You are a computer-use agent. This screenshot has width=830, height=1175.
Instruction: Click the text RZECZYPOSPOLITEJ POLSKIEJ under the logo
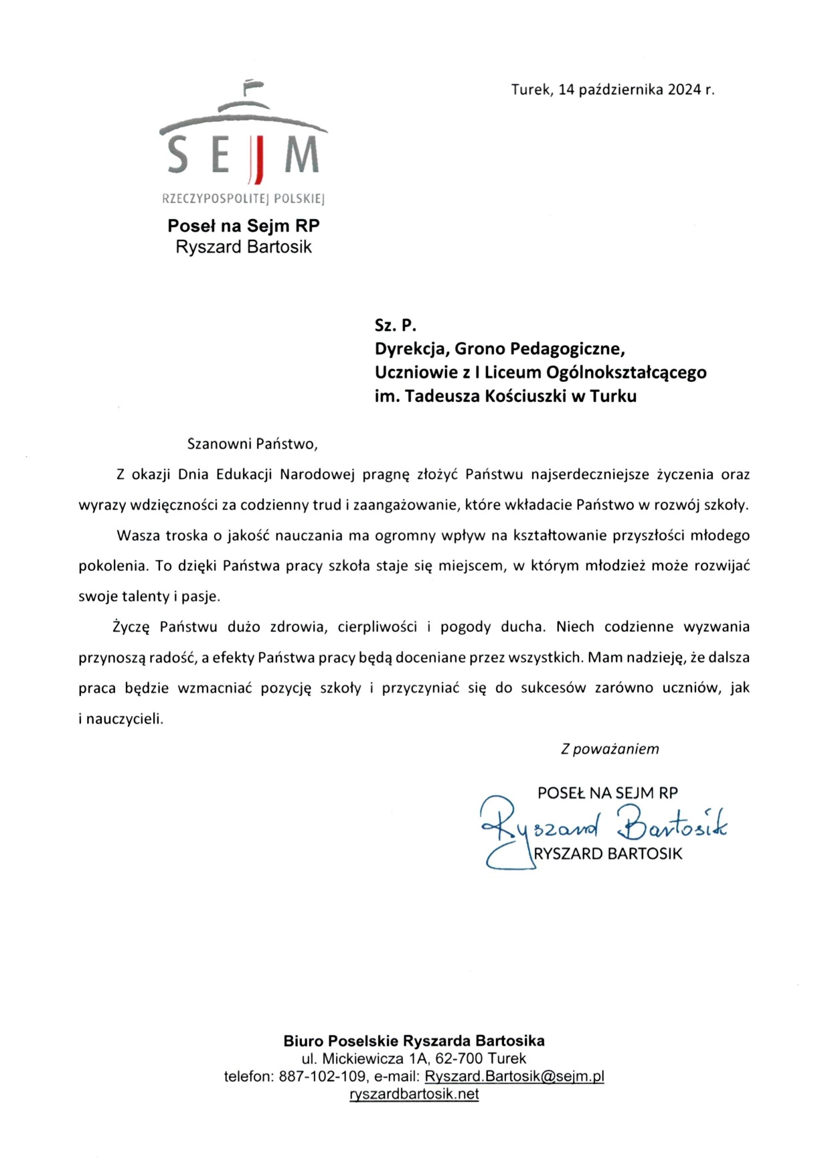244,199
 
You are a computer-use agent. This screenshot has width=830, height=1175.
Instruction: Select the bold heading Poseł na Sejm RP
244,226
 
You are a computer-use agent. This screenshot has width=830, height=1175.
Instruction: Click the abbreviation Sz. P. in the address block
396,326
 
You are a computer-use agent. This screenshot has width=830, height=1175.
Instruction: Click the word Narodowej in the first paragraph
318,475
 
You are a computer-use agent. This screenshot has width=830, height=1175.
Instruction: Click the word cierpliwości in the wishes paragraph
378,627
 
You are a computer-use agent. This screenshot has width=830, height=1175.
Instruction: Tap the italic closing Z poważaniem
610,749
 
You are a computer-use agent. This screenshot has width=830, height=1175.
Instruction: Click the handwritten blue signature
602,829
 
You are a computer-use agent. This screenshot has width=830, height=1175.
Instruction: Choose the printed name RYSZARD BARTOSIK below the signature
608,854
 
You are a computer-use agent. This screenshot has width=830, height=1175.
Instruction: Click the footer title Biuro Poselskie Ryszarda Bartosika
414,1041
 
